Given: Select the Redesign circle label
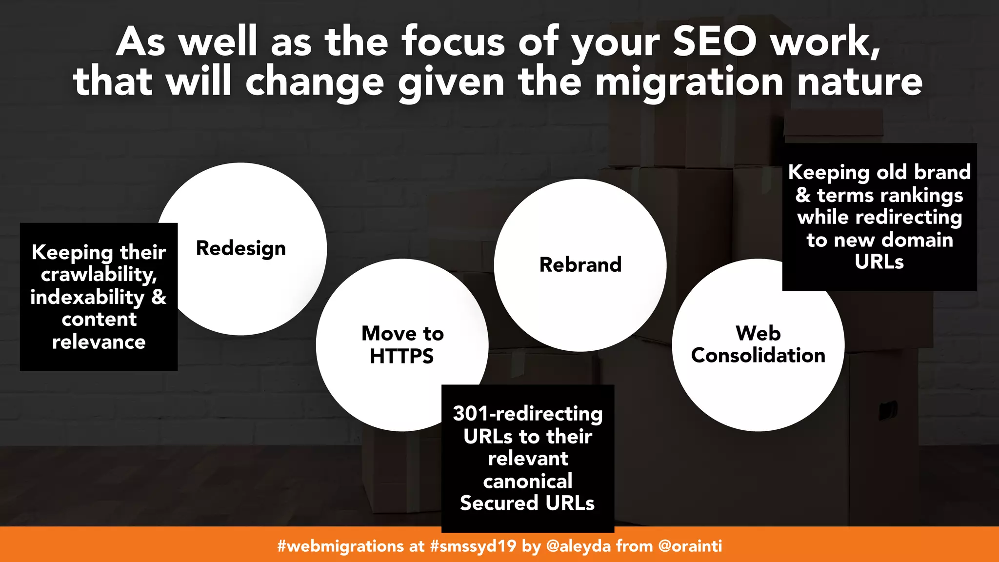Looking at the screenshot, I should [x=240, y=249].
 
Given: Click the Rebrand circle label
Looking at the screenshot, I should [x=580, y=265].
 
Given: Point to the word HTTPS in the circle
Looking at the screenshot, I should [x=401, y=356].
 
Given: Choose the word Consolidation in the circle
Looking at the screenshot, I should [x=758, y=356].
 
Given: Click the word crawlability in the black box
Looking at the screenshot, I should [x=98, y=275].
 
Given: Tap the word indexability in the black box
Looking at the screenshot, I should [x=87, y=298].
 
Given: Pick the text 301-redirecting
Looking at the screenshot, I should [x=528, y=414].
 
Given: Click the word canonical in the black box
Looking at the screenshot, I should [x=528, y=482].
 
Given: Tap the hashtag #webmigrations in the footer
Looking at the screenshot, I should [x=340, y=546].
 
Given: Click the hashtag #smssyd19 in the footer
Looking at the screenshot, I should [x=473, y=546].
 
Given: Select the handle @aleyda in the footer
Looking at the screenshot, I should [x=579, y=546].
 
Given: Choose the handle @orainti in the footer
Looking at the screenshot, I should [x=690, y=546].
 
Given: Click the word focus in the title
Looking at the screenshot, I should [x=456, y=42].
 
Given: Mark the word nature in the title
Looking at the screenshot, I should [x=859, y=82].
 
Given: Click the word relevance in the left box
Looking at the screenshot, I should [x=99, y=342].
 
